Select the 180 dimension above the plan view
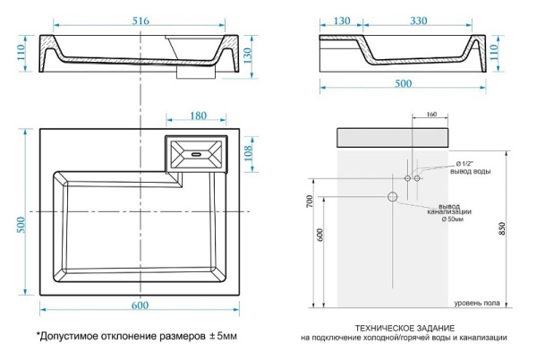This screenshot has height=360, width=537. pos(198,116)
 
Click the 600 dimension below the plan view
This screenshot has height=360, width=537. pos(140,306)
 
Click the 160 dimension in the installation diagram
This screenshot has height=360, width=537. pos(430,116)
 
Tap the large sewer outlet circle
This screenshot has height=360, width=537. pos(391,197)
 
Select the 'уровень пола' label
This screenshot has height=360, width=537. pos(475,304)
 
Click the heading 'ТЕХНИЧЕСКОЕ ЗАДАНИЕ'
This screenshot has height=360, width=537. pos(404,328)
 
